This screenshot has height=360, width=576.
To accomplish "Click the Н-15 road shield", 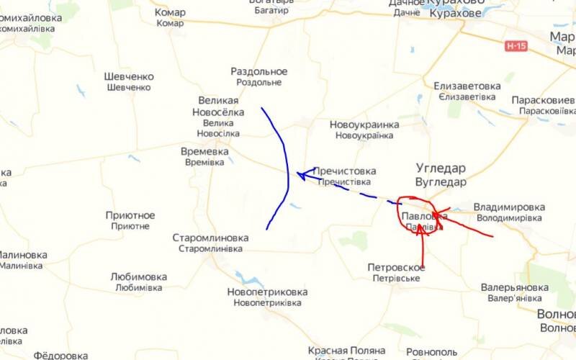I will pos(516,46).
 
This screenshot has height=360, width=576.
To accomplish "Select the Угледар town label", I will pos(441,168).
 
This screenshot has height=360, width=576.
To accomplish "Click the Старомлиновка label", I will pos(210,238).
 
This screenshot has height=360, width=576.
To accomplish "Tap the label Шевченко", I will pos(129,77).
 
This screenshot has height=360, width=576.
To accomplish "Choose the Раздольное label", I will pos(259,71).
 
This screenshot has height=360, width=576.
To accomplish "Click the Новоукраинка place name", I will pos(364,125).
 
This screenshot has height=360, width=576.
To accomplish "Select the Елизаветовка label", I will pos(467,86).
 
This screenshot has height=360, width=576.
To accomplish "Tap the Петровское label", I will pos(396,267).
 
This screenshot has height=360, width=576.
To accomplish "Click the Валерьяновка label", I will pos(515,287).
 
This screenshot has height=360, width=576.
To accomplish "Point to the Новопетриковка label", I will pos(267,292).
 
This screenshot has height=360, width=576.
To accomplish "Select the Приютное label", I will pos(130,215).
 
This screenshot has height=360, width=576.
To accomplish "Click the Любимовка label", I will pos(138,276).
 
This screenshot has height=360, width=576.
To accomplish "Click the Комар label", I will pos(170,12).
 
